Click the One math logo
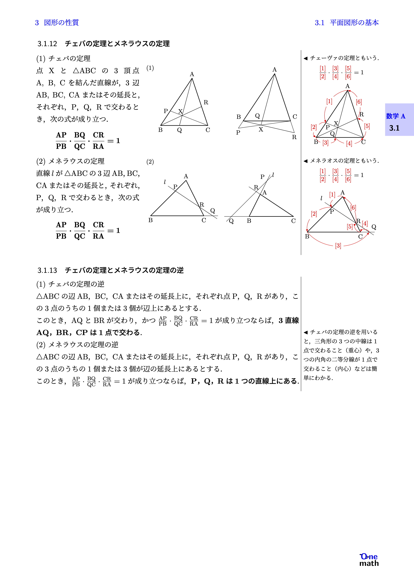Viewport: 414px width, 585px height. pos(369,560)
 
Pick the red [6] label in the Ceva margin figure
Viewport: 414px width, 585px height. pos(359,102)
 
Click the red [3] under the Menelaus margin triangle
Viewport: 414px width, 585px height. pos(338,246)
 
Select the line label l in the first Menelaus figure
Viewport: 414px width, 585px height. pos(165,182)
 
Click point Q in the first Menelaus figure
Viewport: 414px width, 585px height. pos(212,211)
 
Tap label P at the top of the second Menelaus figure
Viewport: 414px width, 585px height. pos(262,177)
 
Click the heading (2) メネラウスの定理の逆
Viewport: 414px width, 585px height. pos(77,345)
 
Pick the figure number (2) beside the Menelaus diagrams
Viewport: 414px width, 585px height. pos(150,162)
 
